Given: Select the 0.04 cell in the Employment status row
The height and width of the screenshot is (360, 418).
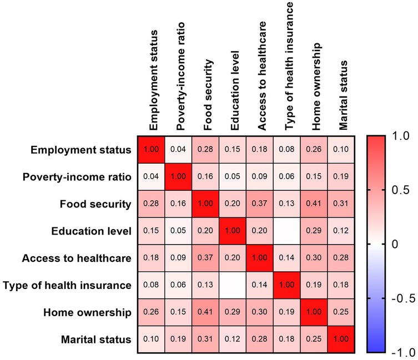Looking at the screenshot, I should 178,149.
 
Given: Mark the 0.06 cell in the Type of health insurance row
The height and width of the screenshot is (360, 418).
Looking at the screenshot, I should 178,285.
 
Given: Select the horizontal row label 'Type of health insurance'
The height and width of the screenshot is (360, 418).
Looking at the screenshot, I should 67,285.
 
